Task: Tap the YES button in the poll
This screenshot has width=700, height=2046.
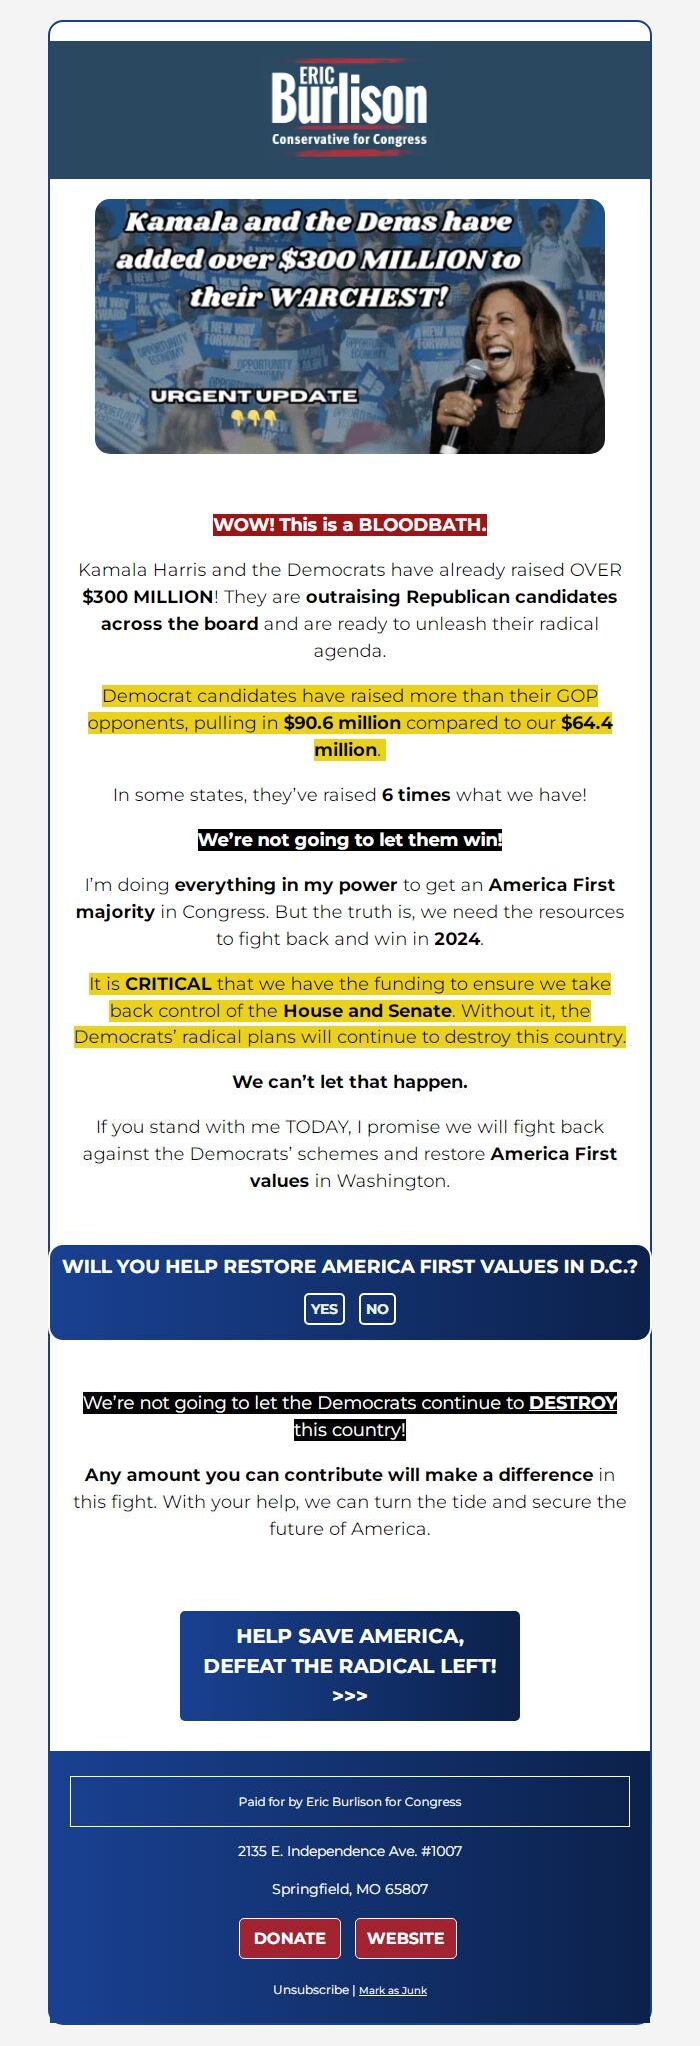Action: pyautogui.click(x=324, y=1309)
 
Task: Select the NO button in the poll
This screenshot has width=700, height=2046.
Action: pyautogui.click(x=377, y=1309)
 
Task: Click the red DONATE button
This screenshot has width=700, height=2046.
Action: pyautogui.click(x=290, y=1938)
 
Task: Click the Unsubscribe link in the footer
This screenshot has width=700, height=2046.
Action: pyautogui.click(x=310, y=1989)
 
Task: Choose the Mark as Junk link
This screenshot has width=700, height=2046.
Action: pyautogui.click(x=393, y=1990)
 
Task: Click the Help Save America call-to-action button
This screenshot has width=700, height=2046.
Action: pyautogui.click(x=350, y=1666)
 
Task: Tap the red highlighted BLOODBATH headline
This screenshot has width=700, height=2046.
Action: pyautogui.click(x=350, y=524)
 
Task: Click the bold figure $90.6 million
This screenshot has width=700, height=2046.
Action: pyautogui.click(x=342, y=722)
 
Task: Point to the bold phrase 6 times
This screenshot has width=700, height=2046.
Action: pyautogui.click(x=416, y=795)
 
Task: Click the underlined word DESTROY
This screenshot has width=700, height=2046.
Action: pyautogui.click(x=572, y=1403)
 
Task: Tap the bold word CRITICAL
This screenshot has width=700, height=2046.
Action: pyautogui.click(x=168, y=984)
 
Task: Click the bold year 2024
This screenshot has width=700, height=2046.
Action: pyautogui.click(x=456, y=939)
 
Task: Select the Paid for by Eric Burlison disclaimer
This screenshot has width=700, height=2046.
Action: pyautogui.click(x=350, y=1801)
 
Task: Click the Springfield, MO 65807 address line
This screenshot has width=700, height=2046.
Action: pyautogui.click(x=350, y=1889)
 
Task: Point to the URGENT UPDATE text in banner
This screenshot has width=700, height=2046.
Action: pyautogui.click(x=253, y=395)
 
